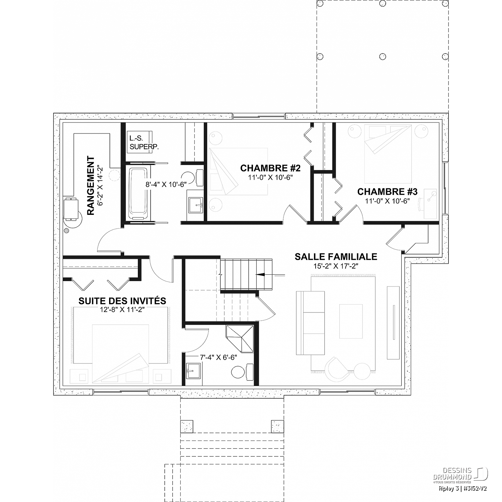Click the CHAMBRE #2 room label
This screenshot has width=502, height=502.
270,167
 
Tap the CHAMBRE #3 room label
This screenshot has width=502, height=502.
387,192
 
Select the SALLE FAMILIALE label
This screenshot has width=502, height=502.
336,257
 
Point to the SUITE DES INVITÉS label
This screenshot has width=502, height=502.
122,301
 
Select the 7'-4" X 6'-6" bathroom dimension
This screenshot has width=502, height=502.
218,357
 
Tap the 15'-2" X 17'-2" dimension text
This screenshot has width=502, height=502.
336,266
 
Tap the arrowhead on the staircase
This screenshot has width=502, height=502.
260,274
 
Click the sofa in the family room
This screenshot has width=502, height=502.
310,323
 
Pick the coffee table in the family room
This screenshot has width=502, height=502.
351,321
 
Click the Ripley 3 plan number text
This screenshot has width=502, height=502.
463,488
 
